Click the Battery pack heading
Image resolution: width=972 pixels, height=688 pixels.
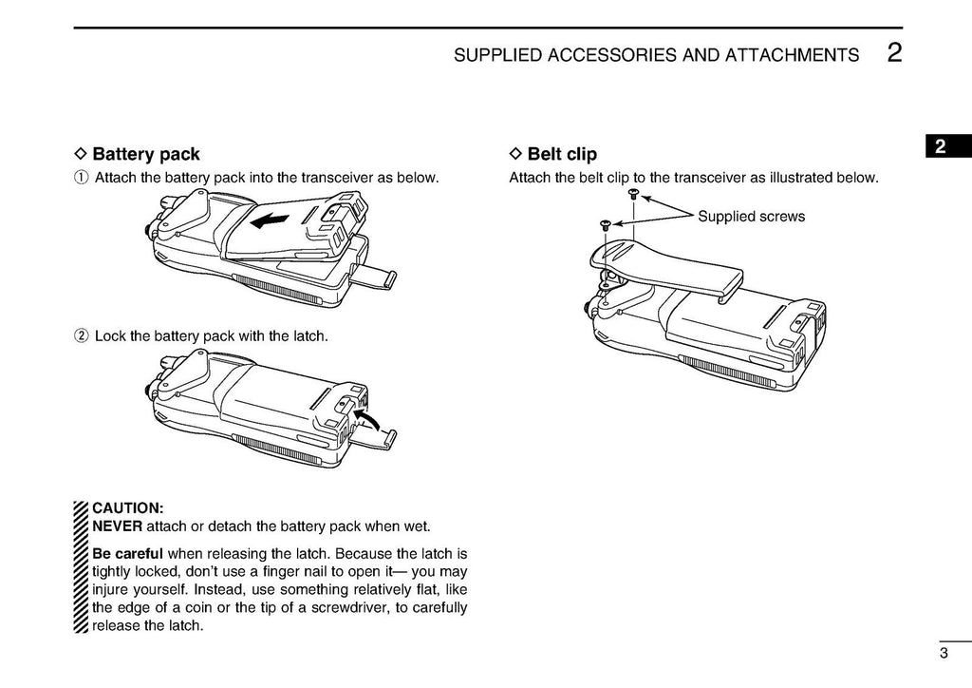pos(146,154)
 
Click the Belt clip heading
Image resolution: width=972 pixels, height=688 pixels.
pos(562,154)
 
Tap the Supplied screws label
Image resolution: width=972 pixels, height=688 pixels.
pos(751,217)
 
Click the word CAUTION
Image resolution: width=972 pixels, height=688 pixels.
pos(128,508)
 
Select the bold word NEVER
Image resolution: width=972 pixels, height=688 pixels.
pos(117,526)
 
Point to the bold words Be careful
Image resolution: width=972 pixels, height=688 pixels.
pos(127,554)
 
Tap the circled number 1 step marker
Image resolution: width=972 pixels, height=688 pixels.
pos(82,178)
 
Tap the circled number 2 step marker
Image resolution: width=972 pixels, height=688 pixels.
pos(82,335)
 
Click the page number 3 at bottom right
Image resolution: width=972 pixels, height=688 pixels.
pos(944,653)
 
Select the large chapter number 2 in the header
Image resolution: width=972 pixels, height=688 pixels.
pos(894,53)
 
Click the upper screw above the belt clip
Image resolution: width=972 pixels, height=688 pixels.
pos(633,194)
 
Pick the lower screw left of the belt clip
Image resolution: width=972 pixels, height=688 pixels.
pos(605,225)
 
